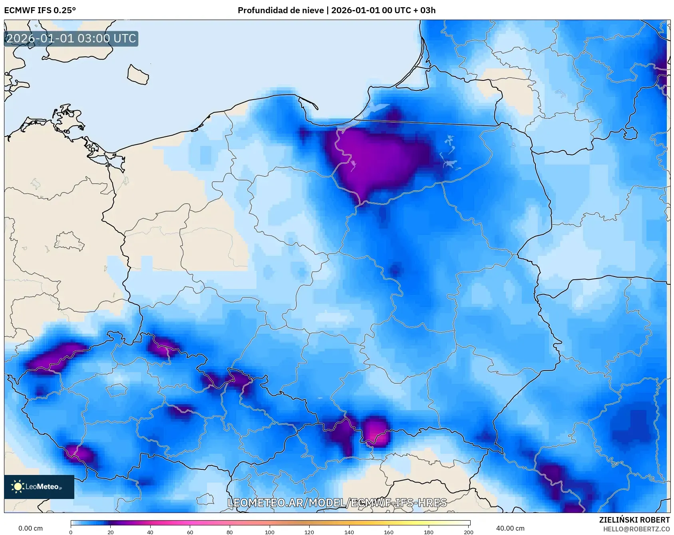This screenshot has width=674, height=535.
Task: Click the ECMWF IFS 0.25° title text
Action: click(40, 10)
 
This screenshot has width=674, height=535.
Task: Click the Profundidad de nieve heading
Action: click(336, 10)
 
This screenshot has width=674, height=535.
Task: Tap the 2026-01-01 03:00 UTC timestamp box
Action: click(71, 39)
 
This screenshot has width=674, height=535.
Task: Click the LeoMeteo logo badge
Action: click(39, 487)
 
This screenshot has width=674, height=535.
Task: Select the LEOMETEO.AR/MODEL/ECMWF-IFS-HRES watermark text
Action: click(337, 503)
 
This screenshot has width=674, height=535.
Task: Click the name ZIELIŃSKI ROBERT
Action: click(634, 520)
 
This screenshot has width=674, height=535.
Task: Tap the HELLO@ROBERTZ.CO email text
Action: click(636, 529)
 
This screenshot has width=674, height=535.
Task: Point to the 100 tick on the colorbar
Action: click(270, 532)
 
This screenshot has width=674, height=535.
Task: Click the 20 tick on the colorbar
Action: click(111, 532)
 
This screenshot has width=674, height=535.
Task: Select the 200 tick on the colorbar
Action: click(468, 532)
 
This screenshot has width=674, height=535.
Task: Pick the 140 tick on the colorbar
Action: click(349, 532)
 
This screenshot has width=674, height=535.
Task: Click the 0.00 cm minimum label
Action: click(30, 528)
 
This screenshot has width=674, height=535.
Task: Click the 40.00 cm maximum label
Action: click(510, 528)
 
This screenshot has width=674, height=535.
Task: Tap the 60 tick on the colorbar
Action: click(190, 532)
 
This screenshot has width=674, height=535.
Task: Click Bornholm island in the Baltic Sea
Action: click(138, 75)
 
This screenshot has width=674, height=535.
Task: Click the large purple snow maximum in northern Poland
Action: click(376, 158)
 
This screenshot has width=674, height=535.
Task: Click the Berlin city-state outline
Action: click(69, 242)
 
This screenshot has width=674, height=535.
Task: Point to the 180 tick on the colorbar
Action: click(428, 532)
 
